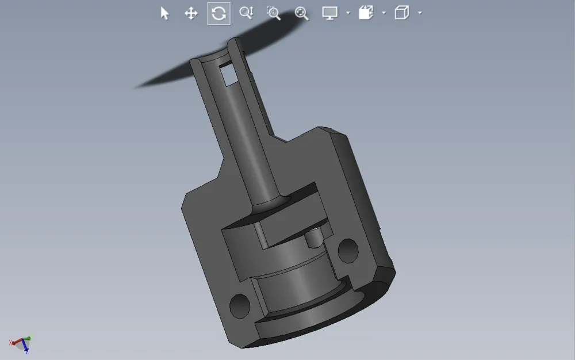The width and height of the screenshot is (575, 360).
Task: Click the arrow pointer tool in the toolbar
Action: coord(165,13)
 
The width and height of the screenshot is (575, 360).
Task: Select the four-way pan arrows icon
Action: coord(191,13)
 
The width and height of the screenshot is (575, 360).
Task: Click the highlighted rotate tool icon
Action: coord(218,13)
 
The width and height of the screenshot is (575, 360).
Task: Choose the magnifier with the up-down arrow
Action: coord(246,13)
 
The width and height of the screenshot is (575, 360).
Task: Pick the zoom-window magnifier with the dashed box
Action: coord(274,13)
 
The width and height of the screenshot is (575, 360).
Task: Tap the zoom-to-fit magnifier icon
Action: coord(301,13)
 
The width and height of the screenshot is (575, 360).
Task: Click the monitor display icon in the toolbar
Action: coord(330,13)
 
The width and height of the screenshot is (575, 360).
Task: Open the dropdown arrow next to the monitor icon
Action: coord(348,13)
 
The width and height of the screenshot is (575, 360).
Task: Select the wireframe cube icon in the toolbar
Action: coord(401,13)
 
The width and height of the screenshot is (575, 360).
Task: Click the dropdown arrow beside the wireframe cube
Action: coord(420,13)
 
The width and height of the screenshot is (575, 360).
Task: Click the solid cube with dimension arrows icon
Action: coord(366,13)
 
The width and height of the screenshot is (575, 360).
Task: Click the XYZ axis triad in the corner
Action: coord(21,344)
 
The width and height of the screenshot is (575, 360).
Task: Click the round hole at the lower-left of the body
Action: coord(239,305)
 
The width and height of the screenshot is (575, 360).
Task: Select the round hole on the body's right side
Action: coord(348,250)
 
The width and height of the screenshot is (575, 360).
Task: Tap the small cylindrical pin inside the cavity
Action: coord(314,236)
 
